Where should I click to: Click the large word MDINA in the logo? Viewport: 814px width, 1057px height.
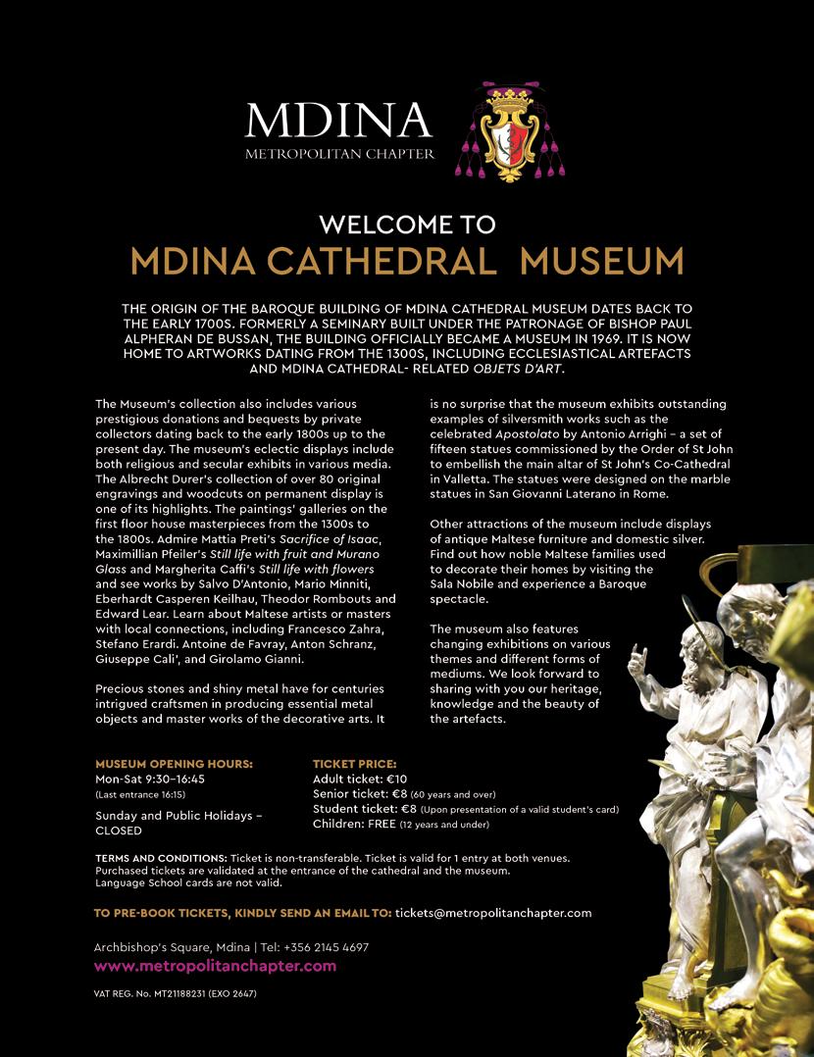[x=338, y=120]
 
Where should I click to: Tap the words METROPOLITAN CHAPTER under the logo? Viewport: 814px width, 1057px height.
[x=339, y=154]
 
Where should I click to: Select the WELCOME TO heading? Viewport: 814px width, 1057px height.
[x=407, y=225]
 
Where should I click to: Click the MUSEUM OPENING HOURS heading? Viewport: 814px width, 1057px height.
[x=174, y=764]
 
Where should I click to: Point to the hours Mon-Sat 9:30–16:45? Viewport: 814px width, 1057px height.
[x=150, y=779]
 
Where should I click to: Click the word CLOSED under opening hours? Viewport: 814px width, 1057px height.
[x=119, y=830]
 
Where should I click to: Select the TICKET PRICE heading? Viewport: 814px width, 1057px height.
[x=354, y=764]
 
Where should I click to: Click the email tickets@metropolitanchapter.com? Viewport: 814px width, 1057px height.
[x=493, y=913]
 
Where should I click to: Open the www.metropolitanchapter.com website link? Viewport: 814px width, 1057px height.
[x=215, y=967]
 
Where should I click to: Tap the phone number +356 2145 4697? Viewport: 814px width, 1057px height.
[x=327, y=948]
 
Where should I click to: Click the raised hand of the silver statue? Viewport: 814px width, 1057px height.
[x=637, y=655]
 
